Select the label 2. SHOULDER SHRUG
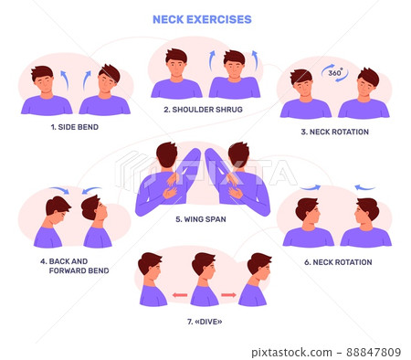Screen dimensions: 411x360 202,110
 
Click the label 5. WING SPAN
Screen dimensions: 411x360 204,219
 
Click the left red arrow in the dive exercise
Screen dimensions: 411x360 180,294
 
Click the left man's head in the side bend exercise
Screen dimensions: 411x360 42,77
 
